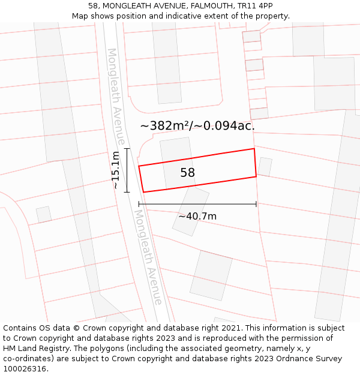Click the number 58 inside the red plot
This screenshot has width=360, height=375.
188,173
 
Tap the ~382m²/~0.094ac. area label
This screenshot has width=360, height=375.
197,126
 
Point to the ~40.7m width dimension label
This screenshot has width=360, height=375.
197,216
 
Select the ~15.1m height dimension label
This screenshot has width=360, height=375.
116,170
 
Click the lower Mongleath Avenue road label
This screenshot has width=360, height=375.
148,257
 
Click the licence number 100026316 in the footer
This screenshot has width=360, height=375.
25,369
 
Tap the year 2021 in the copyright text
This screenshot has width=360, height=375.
230,328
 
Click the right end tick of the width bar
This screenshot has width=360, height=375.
256,204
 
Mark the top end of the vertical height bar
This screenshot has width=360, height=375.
127,148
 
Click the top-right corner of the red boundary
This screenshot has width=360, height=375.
254,149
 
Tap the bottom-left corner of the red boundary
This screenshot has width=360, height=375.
143,192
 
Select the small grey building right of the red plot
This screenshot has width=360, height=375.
265,167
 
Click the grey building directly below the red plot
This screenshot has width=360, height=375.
191,211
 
